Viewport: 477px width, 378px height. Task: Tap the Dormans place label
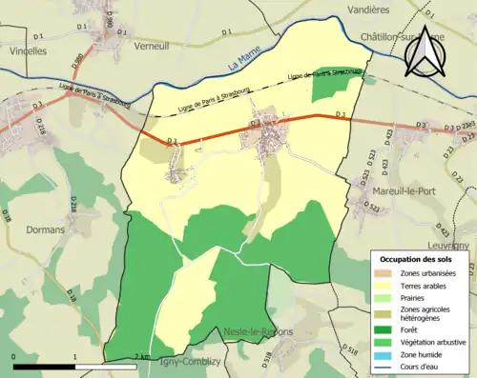45,229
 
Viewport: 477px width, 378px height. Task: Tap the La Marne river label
246,66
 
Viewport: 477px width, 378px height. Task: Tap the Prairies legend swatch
387,297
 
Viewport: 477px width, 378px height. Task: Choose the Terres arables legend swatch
387,285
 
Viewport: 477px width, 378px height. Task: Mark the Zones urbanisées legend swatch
387,273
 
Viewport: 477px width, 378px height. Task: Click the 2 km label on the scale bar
142,356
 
